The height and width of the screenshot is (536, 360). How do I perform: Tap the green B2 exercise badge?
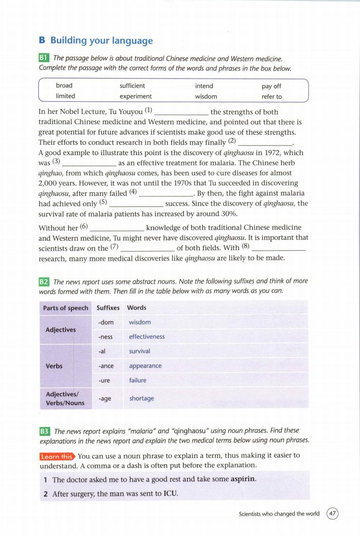pos(44,282)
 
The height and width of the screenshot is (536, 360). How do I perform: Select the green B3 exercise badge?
pos(44,431)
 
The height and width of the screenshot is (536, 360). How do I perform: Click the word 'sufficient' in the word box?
pos(132,86)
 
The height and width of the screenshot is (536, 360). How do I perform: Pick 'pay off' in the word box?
pos(271,86)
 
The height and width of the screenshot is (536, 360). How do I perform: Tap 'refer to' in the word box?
pos(272,97)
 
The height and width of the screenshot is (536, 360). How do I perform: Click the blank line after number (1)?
pos(182,113)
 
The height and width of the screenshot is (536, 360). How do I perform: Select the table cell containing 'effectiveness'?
pos(147,337)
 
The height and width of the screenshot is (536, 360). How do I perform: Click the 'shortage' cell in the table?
pos(142,398)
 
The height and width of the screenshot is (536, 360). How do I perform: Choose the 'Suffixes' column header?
pos(108,308)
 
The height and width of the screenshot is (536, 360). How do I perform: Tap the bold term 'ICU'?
pos(170,494)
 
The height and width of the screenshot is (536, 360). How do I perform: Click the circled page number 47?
pos(333,514)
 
